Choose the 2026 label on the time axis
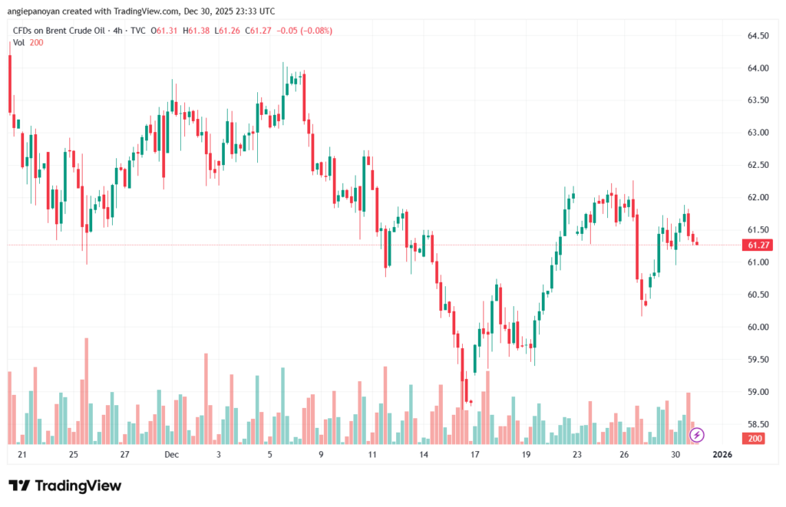point(722,455)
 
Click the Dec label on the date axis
point(171,455)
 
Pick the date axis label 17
point(475,455)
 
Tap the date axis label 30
point(675,455)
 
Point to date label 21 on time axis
point(22,455)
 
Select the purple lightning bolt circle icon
point(697,435)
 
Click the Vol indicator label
point(19,42)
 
